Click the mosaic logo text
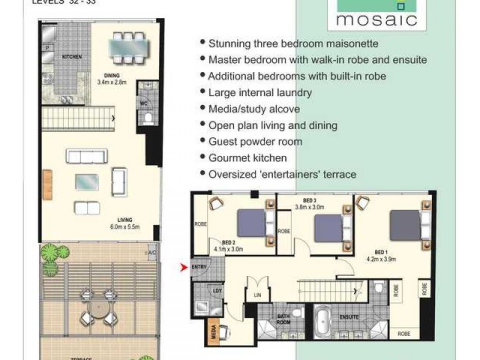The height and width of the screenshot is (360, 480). (376, 20)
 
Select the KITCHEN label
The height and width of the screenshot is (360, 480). (72, 58)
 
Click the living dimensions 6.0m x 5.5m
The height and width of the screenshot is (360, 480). (125, 228)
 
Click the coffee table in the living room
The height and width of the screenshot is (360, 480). (87, 182)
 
